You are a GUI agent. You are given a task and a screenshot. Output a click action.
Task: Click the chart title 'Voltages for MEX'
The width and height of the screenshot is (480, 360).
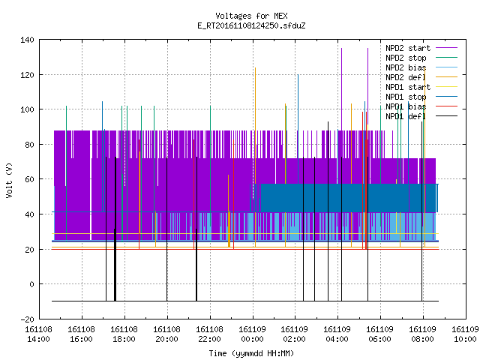(x=251, y=16)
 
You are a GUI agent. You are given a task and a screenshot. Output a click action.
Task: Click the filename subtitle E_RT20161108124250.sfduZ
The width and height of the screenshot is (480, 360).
(x=251, y=25)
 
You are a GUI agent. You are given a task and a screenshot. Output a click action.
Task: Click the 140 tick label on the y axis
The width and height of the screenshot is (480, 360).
(x=27, y=40)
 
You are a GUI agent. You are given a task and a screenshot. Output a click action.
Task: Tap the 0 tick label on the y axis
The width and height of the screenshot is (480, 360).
(x=31, y=284)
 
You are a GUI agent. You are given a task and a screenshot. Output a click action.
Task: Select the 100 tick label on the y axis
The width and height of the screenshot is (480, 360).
(x=27, y=109)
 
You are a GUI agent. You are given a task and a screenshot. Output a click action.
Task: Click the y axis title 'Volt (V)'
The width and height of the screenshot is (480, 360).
(x=9, y=180)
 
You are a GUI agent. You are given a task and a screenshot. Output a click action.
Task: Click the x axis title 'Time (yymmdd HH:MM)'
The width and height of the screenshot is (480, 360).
(x=251, y=353)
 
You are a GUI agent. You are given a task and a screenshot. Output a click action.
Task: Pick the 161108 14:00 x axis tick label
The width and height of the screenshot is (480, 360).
(x=38, y=334)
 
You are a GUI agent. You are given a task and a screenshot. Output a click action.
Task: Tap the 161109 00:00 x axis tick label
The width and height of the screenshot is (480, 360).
(x=252, y=334)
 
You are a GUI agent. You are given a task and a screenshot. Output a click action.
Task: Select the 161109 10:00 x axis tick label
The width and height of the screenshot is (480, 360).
(x=465, y=334)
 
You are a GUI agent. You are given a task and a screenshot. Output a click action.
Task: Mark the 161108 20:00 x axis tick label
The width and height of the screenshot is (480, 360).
(x=166, y=334)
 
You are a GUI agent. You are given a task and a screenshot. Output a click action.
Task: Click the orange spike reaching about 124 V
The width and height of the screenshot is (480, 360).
(x=255, y=157)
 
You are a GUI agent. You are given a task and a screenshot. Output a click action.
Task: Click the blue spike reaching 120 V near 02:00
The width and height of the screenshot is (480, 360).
(x=298, y=128)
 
